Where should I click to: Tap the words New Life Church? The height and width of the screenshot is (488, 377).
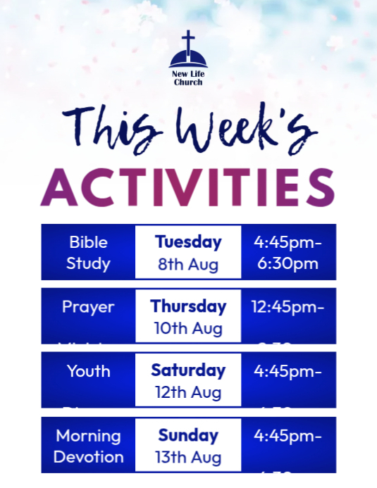pyautogui.click(x=188, y=77)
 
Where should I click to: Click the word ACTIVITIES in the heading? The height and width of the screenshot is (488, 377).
pyautogui.click(x=187, y=187)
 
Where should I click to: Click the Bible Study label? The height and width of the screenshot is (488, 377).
pyautogui.click(x=88, y=253)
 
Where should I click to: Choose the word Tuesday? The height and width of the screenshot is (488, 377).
pyautogui.click(x=188, y=242)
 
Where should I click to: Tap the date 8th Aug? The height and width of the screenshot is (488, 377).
pyautogui.click(x=188, y=265)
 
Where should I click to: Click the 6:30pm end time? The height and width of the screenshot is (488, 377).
pyautogui.click(x=287, y=264)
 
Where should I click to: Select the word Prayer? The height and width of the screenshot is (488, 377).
pyautogui.click(x=88, y=307)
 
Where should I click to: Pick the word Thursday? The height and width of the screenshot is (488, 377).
pyautogui.click(x=188, y=306)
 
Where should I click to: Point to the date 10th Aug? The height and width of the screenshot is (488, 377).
pyautogui.click(x=188, y=329)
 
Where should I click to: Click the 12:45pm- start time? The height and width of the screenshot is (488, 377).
pyautogui.click(x=288, y=307)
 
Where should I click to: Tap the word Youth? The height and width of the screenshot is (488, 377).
pyautogui.click(x=88, y=371)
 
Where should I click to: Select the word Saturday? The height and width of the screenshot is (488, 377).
pyautogui.click(x=188, y=370)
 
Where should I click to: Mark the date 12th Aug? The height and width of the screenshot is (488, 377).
pyautogui.click(x=188, y=392)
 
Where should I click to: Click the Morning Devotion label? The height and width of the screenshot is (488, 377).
pyautogui.click(x=88, y=446)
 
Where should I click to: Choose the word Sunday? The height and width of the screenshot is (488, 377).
pyautogui.click(x=188, y=434)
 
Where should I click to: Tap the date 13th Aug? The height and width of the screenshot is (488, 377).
pyautogui.click(x=188, y=457)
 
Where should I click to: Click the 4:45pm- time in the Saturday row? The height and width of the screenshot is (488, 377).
pyautogui.click(x=288, y=371)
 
